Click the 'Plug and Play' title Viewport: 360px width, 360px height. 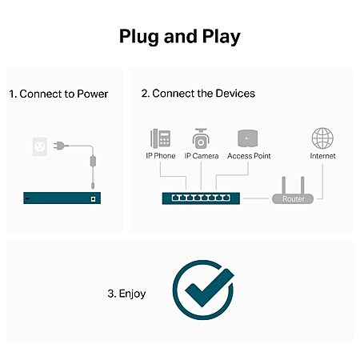tap(180, 37)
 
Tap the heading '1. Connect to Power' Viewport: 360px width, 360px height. tap(58, 94)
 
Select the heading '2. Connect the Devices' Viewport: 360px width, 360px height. tap(198, 94)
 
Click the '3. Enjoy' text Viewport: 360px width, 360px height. tap(126, 294)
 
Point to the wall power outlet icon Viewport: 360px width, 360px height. tap(40, 146)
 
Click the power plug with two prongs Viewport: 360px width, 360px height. tap(58, 146)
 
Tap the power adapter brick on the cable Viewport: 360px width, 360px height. tap(93, 162)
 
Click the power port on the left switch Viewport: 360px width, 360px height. tap(93, 198)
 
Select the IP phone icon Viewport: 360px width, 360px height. tap(161, 138)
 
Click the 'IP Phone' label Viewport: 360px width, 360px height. tap(161, 156)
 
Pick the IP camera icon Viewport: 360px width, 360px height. tap(201, 138)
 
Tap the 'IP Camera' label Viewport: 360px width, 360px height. tap(202, 156)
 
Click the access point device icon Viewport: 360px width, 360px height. tap(248, 138)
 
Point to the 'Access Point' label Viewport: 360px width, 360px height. tap(249, 156)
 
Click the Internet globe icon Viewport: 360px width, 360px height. tap(322, 138)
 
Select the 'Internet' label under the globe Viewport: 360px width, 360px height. tap(322, 156)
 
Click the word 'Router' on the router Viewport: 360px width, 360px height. tap(294, 199)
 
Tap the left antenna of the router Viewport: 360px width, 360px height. tap(284, 186)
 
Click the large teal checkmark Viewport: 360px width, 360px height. tap(209, 287)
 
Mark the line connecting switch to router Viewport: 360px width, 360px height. tap(256, 198)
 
